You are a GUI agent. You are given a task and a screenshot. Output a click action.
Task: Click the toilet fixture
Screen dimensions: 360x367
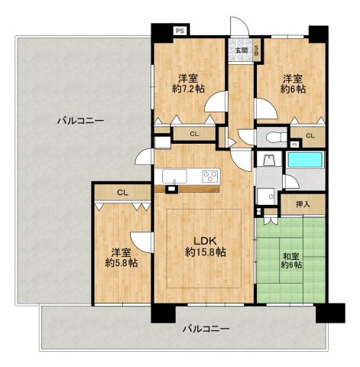pos(276,137)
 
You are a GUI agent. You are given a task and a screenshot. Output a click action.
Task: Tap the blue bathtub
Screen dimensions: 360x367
pos(305,160)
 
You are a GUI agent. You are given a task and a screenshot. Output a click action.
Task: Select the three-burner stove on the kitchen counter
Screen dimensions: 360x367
pos(210,176)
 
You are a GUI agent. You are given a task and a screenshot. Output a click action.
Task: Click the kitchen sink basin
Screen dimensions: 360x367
pos(174,176)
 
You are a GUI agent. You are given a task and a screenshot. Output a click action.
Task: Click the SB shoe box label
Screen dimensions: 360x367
pos(257,50)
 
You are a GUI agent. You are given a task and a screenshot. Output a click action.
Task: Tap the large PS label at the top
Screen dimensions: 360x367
pos(180,31)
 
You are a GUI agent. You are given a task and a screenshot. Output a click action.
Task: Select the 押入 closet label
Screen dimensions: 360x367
pos(303,204)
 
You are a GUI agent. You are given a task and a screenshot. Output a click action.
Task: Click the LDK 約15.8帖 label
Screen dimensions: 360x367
pos(205,246)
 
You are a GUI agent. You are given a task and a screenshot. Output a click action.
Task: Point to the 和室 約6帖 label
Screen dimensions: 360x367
pos(292,260)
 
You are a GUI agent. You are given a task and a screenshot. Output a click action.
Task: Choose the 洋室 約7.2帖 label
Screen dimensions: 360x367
pos(188,83)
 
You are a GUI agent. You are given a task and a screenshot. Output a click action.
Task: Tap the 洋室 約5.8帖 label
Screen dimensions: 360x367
pos(122,258)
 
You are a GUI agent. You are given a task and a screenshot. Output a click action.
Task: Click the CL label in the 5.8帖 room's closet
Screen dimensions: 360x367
pos(123,193)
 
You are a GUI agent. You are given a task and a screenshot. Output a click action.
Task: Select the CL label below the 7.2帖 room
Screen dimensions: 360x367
pos(194,135)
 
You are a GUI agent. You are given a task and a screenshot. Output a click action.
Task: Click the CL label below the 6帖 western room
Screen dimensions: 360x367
pos(310,136)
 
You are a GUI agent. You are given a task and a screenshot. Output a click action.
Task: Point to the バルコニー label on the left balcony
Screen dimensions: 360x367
pos(80,120)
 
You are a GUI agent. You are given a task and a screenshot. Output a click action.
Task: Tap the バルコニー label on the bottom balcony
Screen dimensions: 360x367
pos(206,329)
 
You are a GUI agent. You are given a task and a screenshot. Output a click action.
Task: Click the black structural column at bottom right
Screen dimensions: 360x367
pos(330,313)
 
